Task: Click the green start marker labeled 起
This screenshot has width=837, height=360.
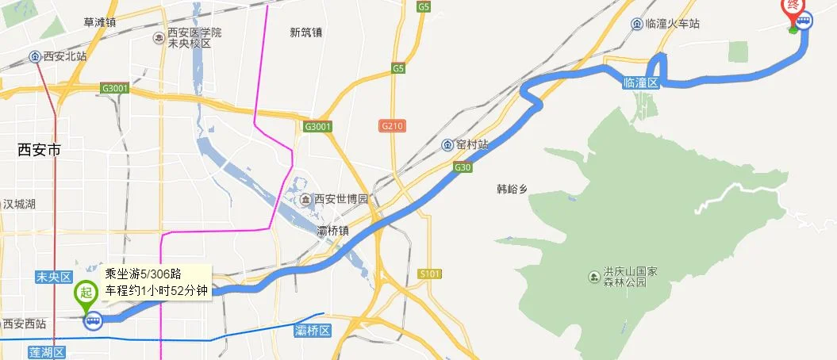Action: (83, 293)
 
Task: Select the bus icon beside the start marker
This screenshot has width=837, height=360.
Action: (93, 320)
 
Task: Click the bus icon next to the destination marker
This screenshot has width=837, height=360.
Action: (804, 22)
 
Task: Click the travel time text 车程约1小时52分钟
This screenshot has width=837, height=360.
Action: (156, 291)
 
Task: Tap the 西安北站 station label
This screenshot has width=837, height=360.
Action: (60, 56)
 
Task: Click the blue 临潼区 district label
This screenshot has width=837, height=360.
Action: (641, 82)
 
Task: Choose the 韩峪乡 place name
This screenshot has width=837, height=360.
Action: (513, 190)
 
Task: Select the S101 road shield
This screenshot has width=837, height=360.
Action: (429, 274)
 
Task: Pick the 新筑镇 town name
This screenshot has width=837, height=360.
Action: (306, 33)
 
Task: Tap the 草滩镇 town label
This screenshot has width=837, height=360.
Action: (100, 22)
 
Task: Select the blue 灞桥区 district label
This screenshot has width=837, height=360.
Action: (311, 330)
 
